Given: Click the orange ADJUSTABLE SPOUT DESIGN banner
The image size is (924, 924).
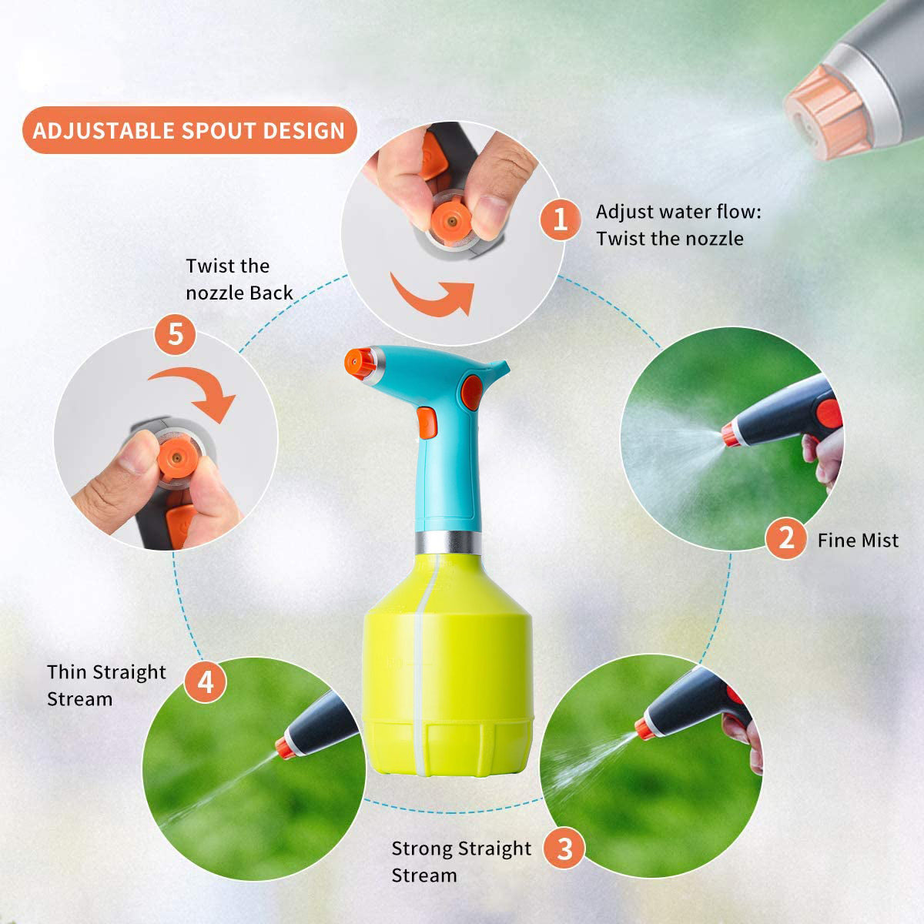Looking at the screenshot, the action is point(190,130).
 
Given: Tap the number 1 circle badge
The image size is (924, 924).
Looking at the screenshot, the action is point(560,220).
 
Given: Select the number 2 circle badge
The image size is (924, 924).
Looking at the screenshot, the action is point(786,538).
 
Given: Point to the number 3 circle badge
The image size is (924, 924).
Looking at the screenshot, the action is point(564,849).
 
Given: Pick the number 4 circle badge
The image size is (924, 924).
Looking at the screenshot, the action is point(206,682).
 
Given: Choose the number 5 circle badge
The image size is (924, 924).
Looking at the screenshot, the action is point(175,333).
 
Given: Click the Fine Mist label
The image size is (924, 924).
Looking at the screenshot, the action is point(858,541).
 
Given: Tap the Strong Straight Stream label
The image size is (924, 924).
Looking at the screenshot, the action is point(461,862).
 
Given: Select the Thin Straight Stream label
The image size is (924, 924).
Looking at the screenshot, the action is point(106,686).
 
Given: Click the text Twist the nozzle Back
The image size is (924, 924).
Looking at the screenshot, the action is point(239,279).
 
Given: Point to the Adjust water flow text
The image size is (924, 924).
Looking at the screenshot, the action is point(678,212).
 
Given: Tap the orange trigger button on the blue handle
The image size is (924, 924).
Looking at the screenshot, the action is point(427,423).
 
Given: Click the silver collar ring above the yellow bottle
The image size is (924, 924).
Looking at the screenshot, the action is point(448,542).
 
